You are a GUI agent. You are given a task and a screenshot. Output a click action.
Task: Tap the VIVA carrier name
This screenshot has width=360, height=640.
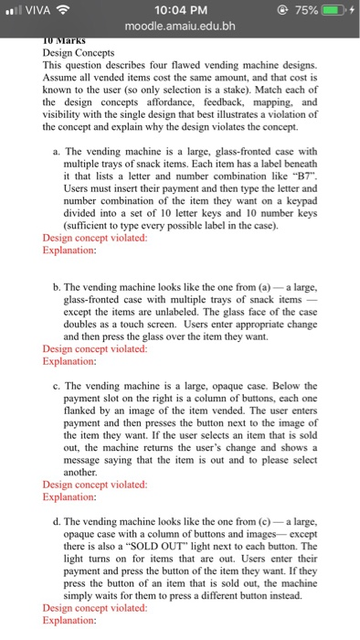pos(38,9)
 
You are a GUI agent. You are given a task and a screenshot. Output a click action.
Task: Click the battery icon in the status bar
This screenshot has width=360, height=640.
pos(326,9)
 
